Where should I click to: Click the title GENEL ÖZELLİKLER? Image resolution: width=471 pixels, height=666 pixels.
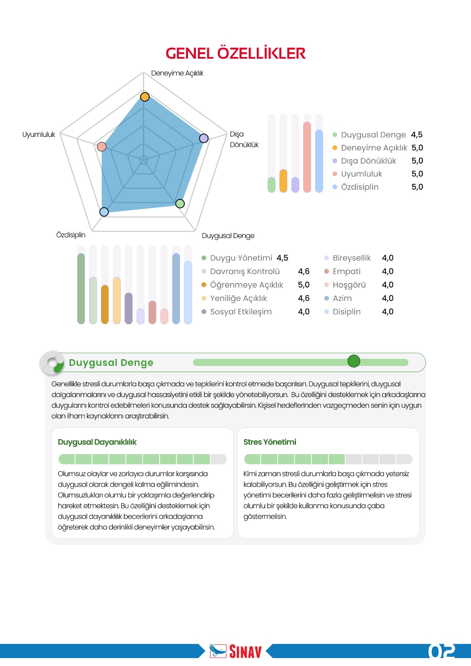pyautogui.click(x=235, y=53)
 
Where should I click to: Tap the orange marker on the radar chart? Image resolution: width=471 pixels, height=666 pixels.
pyautogui.click(x=145, y=97)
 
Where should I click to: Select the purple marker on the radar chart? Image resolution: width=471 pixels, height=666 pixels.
pyautogui.click(x=203, y=138)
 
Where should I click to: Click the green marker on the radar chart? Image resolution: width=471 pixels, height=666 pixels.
pyautogui.click(x=180, y=204)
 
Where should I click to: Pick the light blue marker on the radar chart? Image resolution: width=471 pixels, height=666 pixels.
pyautogui.click(x=104, y=212)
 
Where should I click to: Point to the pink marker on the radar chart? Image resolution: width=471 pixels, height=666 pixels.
pyautogui.click(x=102, y=147)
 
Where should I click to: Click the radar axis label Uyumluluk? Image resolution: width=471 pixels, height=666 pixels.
pyautogui.click(x=39, y=134)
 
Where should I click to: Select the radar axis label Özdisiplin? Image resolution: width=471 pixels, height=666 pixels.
pyautogui.click(x=71, y=235)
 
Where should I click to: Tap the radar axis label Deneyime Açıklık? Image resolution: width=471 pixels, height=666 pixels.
pyautogui.click(x=177, y=73)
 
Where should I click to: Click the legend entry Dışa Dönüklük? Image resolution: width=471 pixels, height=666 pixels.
pyautogui.click(x=368, y=161)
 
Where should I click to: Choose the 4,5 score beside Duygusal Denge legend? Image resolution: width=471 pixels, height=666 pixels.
pyautogui.click(x=417, y=134)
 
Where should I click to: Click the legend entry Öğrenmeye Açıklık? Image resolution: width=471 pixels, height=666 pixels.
pyautogui.click(x=246, y=285)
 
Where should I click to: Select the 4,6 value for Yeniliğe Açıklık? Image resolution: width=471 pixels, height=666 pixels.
pyautogui.click(x=303, y=298)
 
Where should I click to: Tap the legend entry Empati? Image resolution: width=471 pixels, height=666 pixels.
pyautogui.click(x=346, y=271)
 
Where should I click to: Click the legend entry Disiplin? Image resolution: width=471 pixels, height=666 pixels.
pyautogui.click(x=346, y=312)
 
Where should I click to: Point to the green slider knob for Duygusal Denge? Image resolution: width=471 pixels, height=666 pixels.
pyautogui.click(x=354, y=361)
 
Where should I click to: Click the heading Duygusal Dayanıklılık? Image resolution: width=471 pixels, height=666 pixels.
pyautogui.click(x=97, y=442)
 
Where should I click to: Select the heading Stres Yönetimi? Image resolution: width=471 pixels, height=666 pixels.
pyautogui.click(x=270, y=442)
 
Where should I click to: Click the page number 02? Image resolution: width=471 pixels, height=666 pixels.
pyautogui.click(x=441, y=651)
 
